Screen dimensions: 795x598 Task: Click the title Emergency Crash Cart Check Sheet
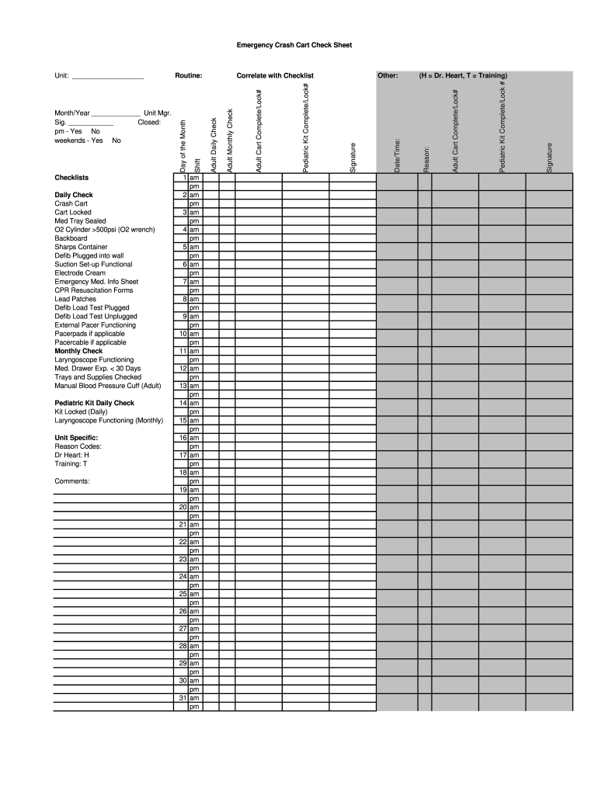point(294,45)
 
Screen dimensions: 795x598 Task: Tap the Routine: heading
point(189,76)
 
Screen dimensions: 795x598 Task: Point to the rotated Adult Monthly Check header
point(230,141)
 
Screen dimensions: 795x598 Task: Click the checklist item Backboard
point(71,238)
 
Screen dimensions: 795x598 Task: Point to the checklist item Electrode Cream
point(79,273)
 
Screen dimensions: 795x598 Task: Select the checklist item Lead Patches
point(75,299)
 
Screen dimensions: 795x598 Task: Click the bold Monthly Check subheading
point(78,351)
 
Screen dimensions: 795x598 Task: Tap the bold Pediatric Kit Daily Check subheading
point(94,403)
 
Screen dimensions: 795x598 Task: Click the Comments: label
point(71,481)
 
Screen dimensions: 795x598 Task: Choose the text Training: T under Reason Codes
point(71,463)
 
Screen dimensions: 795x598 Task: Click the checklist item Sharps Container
point(81,247)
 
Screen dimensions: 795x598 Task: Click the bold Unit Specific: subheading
point(76,438)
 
